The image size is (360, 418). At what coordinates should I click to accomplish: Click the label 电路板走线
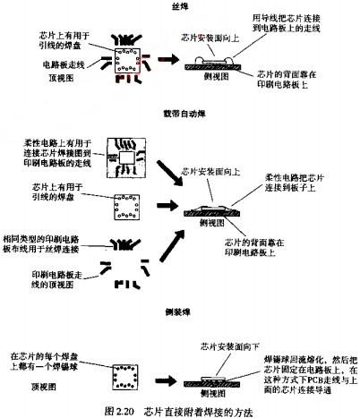coord(64,65)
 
